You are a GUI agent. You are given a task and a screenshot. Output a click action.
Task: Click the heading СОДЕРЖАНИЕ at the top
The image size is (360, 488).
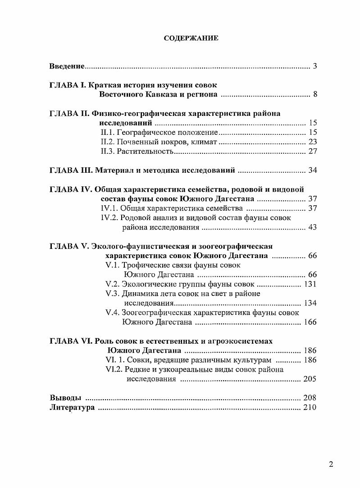pyautogui.click(x=191, y=38)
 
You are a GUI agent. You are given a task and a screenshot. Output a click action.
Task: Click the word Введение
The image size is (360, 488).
pyautogui.click(x=67, y=66)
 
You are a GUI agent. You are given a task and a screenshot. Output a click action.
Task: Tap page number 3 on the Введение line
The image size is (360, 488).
pyautogui.click(x=315, y=66)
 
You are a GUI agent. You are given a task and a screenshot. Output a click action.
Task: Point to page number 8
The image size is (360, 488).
pyautogui.click(x=315, y=95)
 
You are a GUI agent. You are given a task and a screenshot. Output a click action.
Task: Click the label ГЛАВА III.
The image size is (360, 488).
pyautogui.click(x=71, y=170)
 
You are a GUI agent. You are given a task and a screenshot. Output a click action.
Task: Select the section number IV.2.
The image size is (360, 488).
pyautogui.click(x=109, y=218)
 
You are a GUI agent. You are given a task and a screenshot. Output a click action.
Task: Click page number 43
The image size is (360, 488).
pyautogui.click(x=312, y=227)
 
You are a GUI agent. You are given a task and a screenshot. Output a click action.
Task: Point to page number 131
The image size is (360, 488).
pyautogui.click(x=310, y=284)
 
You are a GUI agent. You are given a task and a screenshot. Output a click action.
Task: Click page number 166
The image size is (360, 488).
pyautogui.click(x=310, y=322)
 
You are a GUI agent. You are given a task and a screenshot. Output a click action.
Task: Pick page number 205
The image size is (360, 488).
pyautogui.click(x=310, y=379)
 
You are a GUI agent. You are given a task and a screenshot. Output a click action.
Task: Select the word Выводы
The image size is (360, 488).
pyautogui.click(x=65, y=398)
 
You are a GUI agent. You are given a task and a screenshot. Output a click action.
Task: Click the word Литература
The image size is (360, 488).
pyautogui.click(x=72, y=407)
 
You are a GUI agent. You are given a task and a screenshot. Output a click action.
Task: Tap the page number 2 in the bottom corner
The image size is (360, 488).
pyautogui.click(x=331, y=465)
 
